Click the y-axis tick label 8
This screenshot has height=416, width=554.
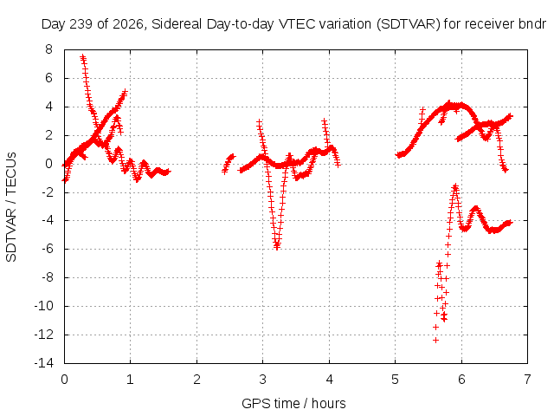pyautogui.click(x=48, y=49)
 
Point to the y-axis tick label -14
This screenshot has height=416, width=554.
pyautogui.click(x=44, y=363)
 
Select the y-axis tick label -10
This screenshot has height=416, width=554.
pyautogui.click(x=44, y=306)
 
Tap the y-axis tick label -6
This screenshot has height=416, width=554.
pyautogui.click(x=46, y=249)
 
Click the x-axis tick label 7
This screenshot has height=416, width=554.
pyautogui.click(x=527, y=380)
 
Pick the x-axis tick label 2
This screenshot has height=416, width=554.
pyautogui.click(x=196, y=380)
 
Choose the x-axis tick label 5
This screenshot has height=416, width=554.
pyautogui.click(x=395, y=380)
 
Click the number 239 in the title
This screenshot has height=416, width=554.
pyautogui.click(x=81, y=24)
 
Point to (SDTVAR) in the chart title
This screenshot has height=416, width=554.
pyautogui.click(x=408, y=24)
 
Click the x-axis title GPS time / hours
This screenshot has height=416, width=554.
pyautogui.click(x=293, y=403)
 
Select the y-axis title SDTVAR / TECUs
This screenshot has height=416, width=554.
pyautogui.click(x=11, y=207)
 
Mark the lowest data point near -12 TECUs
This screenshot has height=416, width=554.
pyautogui.click(x=435, y=340)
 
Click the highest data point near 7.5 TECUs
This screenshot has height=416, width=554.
pyautogui.click(x=82, y=56)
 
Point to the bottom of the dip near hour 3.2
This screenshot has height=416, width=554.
pyautogui.click(x=277, y=247)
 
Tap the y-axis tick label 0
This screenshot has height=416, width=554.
pyautogui.click(x=48, y=164)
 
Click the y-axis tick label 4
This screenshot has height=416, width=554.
pyautogui.click(x=48, y=107)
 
